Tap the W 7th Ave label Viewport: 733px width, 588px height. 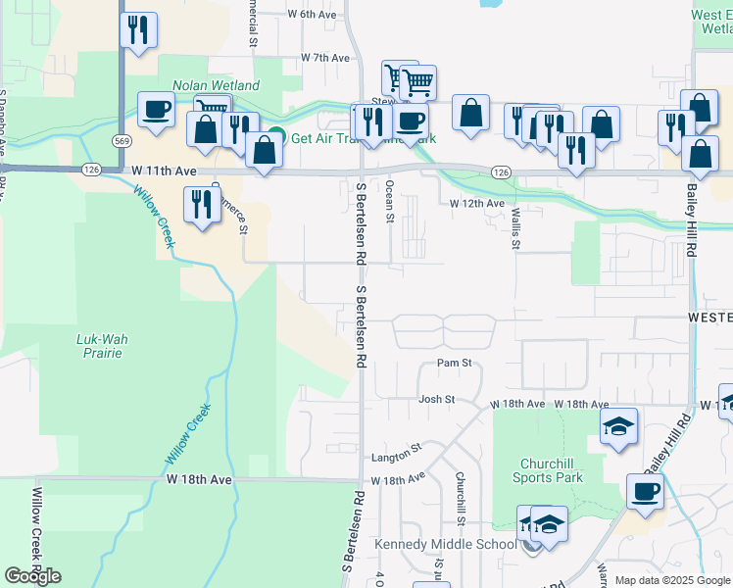325,59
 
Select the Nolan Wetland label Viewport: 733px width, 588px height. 217,86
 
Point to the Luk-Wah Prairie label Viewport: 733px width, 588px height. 103,346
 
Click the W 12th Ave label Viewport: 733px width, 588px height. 476,204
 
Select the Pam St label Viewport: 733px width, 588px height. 455,364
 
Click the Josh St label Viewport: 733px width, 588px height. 437,400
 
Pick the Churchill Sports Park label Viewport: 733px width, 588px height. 547,470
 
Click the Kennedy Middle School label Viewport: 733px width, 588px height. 445,544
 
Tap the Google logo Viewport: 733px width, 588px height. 32,576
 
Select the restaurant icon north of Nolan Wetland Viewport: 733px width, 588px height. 138,30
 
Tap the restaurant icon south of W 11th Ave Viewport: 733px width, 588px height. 201,204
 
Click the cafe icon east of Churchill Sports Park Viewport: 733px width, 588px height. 644,491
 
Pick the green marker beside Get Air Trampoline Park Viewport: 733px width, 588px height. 277,138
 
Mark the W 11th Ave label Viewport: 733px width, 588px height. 164,171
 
